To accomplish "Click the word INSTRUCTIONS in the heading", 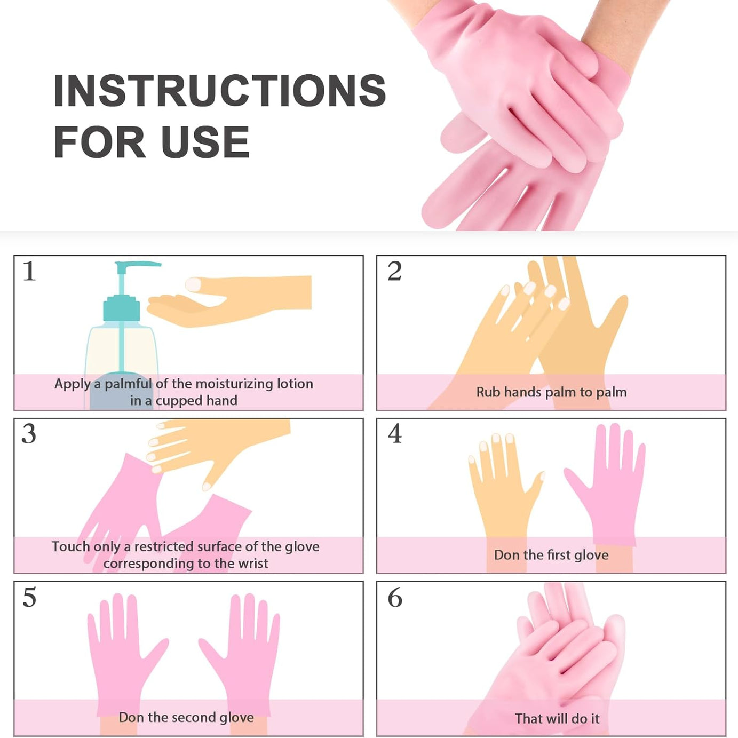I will point(219,91).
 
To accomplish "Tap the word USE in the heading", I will point(205,142).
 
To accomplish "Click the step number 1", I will point(29,271).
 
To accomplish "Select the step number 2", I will point(394,271).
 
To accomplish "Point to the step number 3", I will point(29,434).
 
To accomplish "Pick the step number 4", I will point(395,434).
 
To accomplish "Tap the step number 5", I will point(29,597).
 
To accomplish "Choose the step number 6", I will point(395,597).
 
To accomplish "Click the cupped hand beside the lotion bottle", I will point(229,301).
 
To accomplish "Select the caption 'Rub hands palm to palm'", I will point(551,392).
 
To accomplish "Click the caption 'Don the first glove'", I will point(551,555).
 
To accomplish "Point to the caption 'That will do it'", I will point(557,719).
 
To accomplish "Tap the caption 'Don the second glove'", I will point(186,717).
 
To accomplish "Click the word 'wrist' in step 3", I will point(250,564).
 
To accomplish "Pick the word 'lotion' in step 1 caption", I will point(295,384).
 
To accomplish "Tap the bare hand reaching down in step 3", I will point(224,443).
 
